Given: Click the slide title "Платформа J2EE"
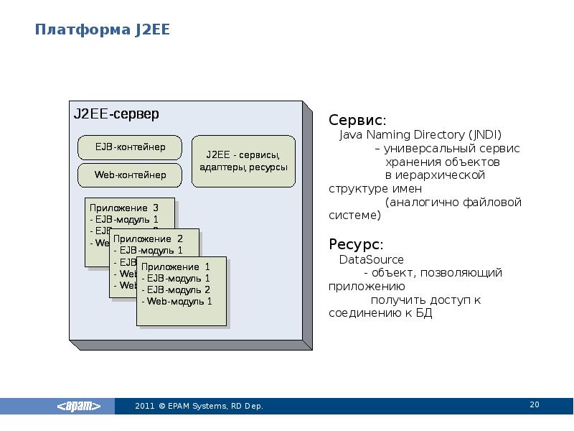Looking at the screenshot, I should click(103, 30).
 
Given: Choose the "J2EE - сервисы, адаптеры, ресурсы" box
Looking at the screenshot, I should click(244, 161).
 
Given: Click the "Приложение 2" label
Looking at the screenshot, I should click(148, 238).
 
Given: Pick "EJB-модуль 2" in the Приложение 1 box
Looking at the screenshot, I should click(176, 289).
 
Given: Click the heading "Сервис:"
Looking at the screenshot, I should click(357, 120).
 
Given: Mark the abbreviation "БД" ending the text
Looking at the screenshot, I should click(425, 314).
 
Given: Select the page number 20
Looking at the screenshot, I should click(534, 405).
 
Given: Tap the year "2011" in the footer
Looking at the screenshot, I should click(144, 407).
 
